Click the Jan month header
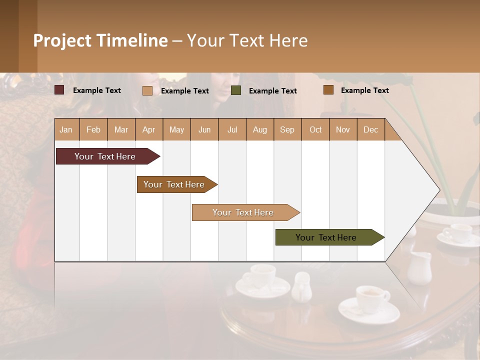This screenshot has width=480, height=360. pyautogui.click(x=66, y=130)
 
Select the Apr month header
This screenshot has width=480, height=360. pyautogui.click(x=148, y=130)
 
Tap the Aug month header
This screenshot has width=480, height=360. pyautogui.click(x=259, y=130)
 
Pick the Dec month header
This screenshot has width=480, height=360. pyautogui.click(x=370, y=130)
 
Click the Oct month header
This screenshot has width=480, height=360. pyautogui.click(x=315, y=130)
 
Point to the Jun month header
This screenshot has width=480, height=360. pyautogui.click(x=204, y=130)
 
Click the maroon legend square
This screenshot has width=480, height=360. pyautogui.click(x=59, y=90)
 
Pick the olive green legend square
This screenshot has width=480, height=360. pyautogui.click(x=236, y=90)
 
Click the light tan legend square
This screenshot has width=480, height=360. pyautogui.click(x=147, y=90)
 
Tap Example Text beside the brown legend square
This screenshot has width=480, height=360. pyautogui.click(x=364, y=90)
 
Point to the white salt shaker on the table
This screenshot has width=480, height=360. pyautogui.click(x=302, y=287)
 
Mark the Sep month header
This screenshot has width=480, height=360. pyautogui.click(x=287, y=130)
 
